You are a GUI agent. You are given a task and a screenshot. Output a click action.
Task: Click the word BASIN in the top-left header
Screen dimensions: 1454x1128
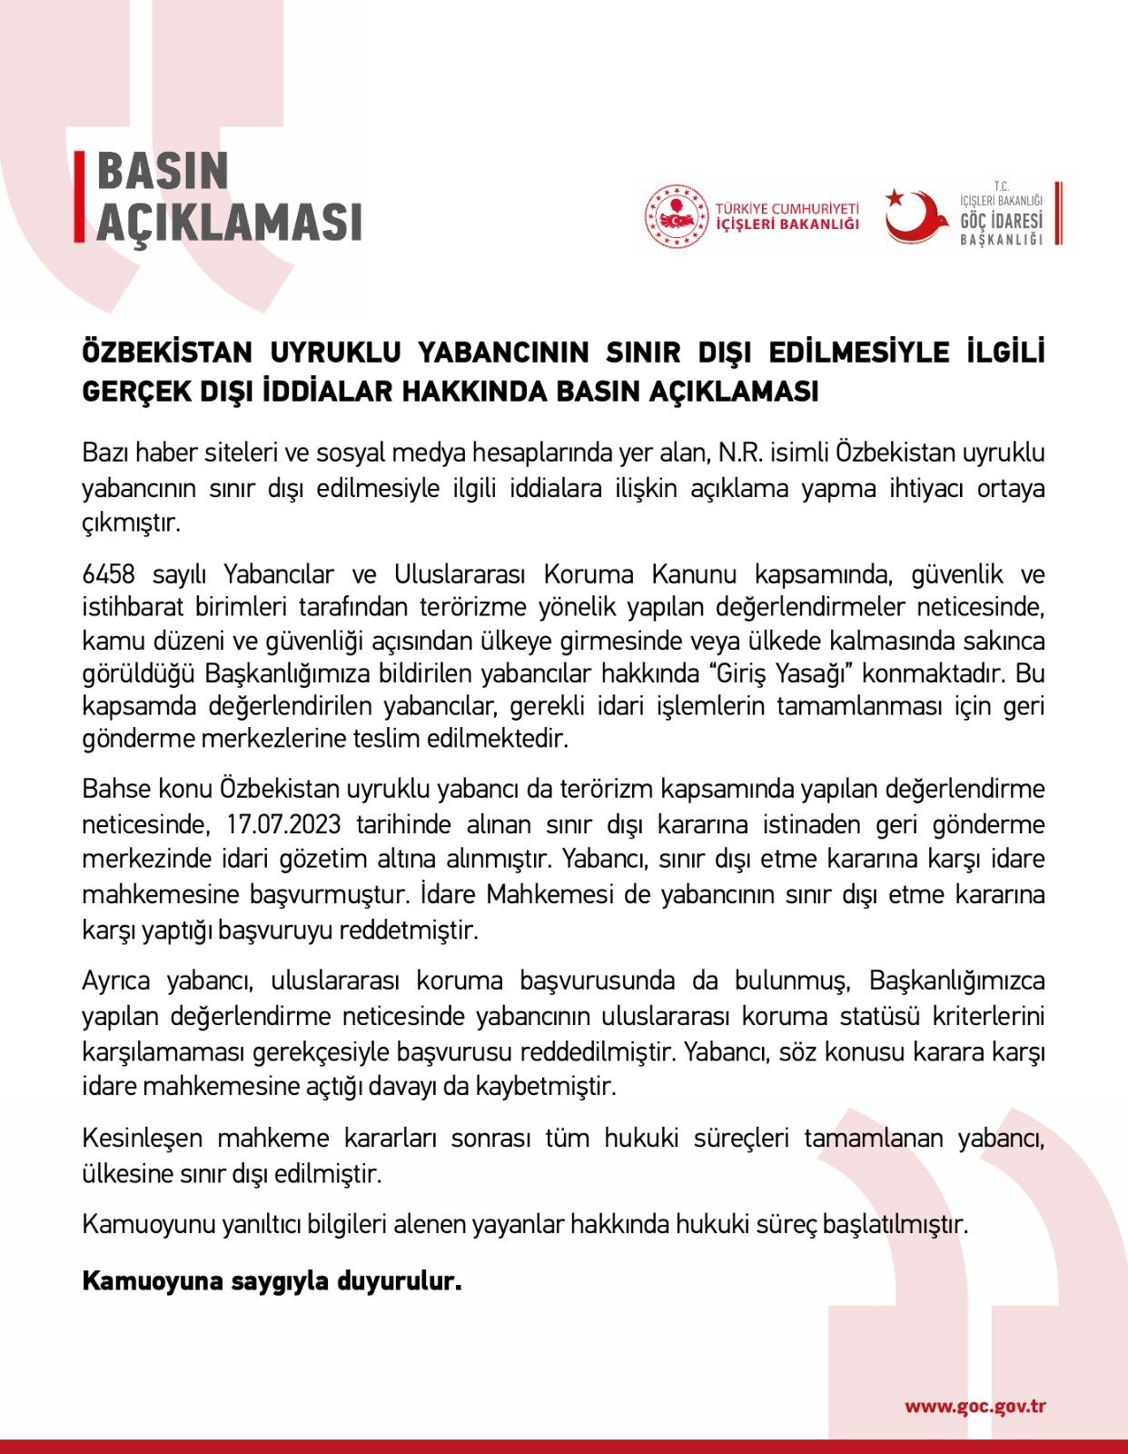[163, 172]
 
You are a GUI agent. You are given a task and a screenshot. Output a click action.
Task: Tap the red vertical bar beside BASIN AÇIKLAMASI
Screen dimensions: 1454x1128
[79, 196]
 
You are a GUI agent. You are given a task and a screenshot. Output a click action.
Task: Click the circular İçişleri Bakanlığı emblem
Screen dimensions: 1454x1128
[676, 216]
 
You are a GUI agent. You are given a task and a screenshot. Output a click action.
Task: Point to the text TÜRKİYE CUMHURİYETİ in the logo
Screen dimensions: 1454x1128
[787, 208]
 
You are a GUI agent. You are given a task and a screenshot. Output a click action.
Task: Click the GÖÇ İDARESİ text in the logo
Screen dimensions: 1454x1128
[1001, 221]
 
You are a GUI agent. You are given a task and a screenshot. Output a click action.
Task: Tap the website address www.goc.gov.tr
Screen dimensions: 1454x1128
[975, 1407]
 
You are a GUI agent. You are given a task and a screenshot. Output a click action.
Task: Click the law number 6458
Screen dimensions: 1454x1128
[108, 574]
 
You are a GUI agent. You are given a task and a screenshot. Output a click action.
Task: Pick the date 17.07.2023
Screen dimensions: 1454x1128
[283, 824]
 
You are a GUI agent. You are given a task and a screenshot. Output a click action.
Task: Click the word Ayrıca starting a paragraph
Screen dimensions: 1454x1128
[115, 981]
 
